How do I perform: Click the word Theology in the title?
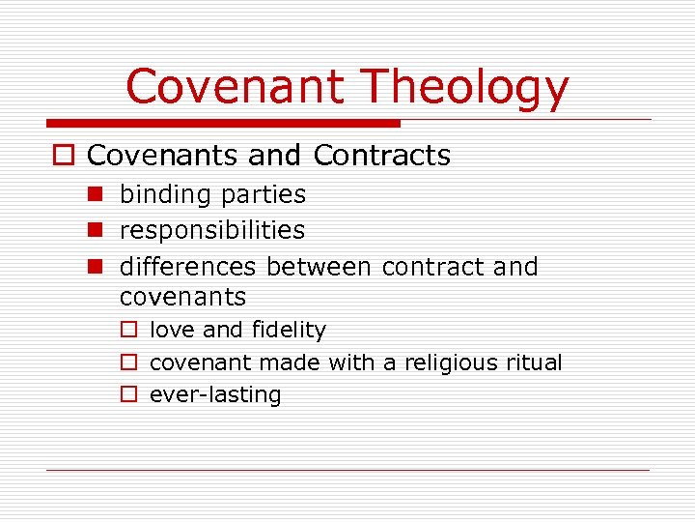pos(465,87)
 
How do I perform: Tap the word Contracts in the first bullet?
pos(382,156)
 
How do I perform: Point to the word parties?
pos(263,195)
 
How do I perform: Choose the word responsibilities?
pos(211,231)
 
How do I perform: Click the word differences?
pos(188,266)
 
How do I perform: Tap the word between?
pos(320,266)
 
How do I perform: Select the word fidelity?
pos(289,330)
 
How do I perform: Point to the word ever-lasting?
pos(215,395)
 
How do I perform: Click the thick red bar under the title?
pos(223,123)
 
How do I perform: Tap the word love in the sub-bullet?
pos(172,330)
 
